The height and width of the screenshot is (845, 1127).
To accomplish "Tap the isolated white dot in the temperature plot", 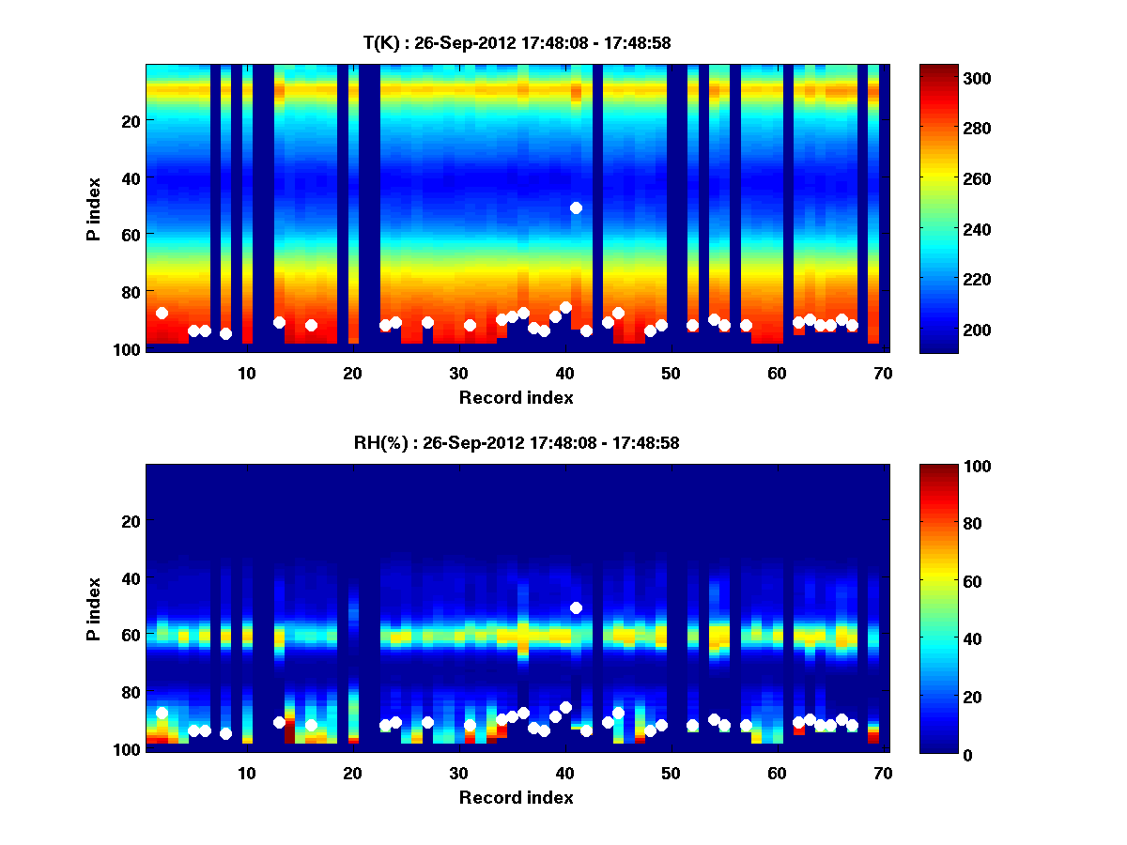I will point(576,207).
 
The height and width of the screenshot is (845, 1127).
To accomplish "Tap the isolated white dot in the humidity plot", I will point(576,607).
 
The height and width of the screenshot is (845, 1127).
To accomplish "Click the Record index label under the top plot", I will point(516,397).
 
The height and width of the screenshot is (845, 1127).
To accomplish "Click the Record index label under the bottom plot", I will point(516,797).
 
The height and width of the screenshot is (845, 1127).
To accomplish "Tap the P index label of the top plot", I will point(93,208).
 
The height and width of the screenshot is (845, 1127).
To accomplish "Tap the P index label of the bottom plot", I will point(93,608).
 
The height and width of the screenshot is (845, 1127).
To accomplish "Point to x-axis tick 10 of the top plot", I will point(246,373).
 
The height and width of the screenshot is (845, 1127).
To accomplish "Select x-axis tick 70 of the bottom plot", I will point(883,773).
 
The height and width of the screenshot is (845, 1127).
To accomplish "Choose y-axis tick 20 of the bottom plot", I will point(130,520).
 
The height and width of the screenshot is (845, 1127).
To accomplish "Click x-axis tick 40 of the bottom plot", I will point(564,773).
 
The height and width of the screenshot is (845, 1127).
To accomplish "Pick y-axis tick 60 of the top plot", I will point(130,234).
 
